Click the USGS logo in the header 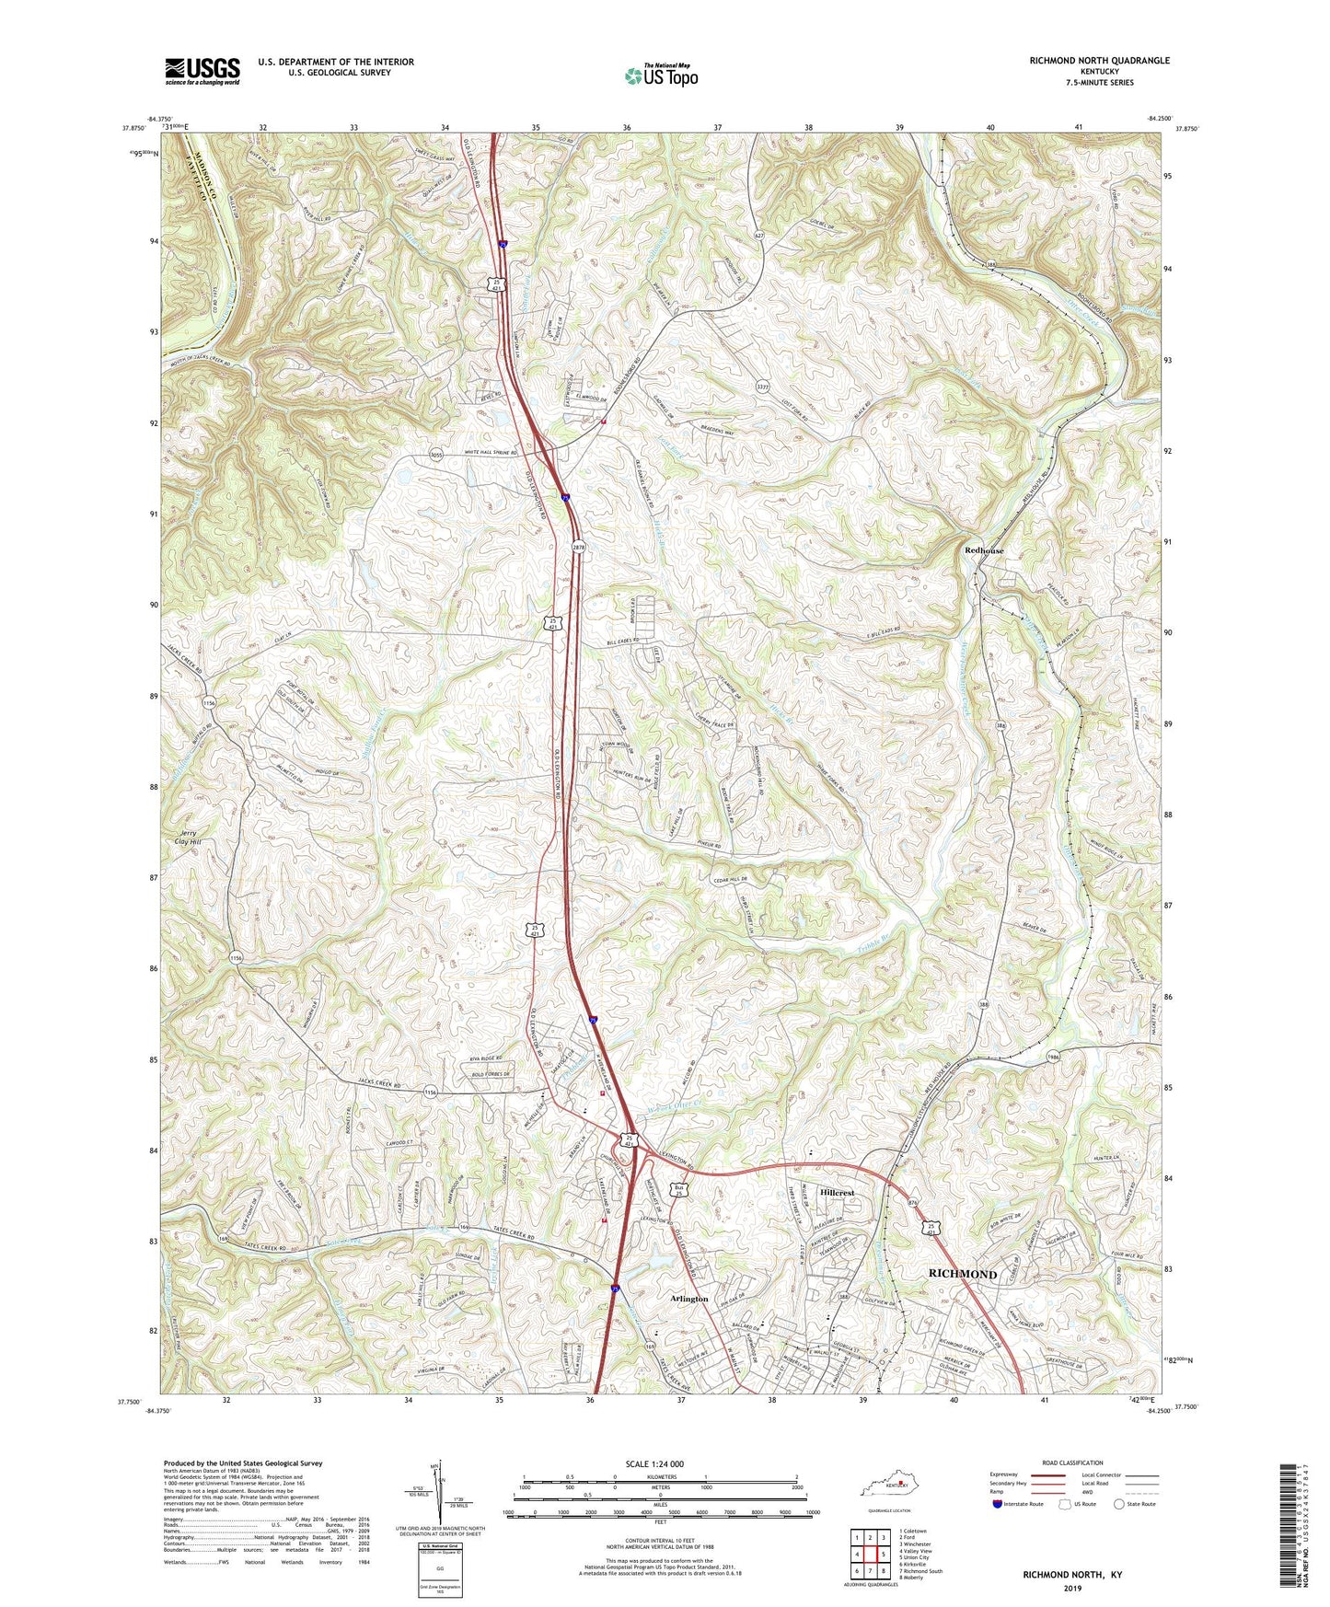(202, 70)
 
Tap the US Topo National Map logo (660, 75)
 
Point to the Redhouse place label (984, 550)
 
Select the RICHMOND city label (962, 1274)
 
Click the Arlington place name (689, 1299)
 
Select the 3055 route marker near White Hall (436, 455)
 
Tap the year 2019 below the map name (1072, 1588)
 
